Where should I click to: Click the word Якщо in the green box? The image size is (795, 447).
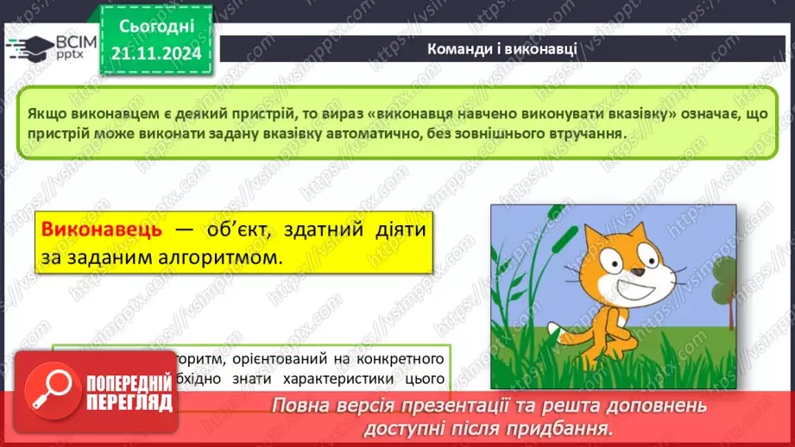[x=44, y=114]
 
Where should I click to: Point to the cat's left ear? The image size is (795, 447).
[x=593, y=238]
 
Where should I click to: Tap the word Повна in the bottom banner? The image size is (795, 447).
[x=300, y=406]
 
